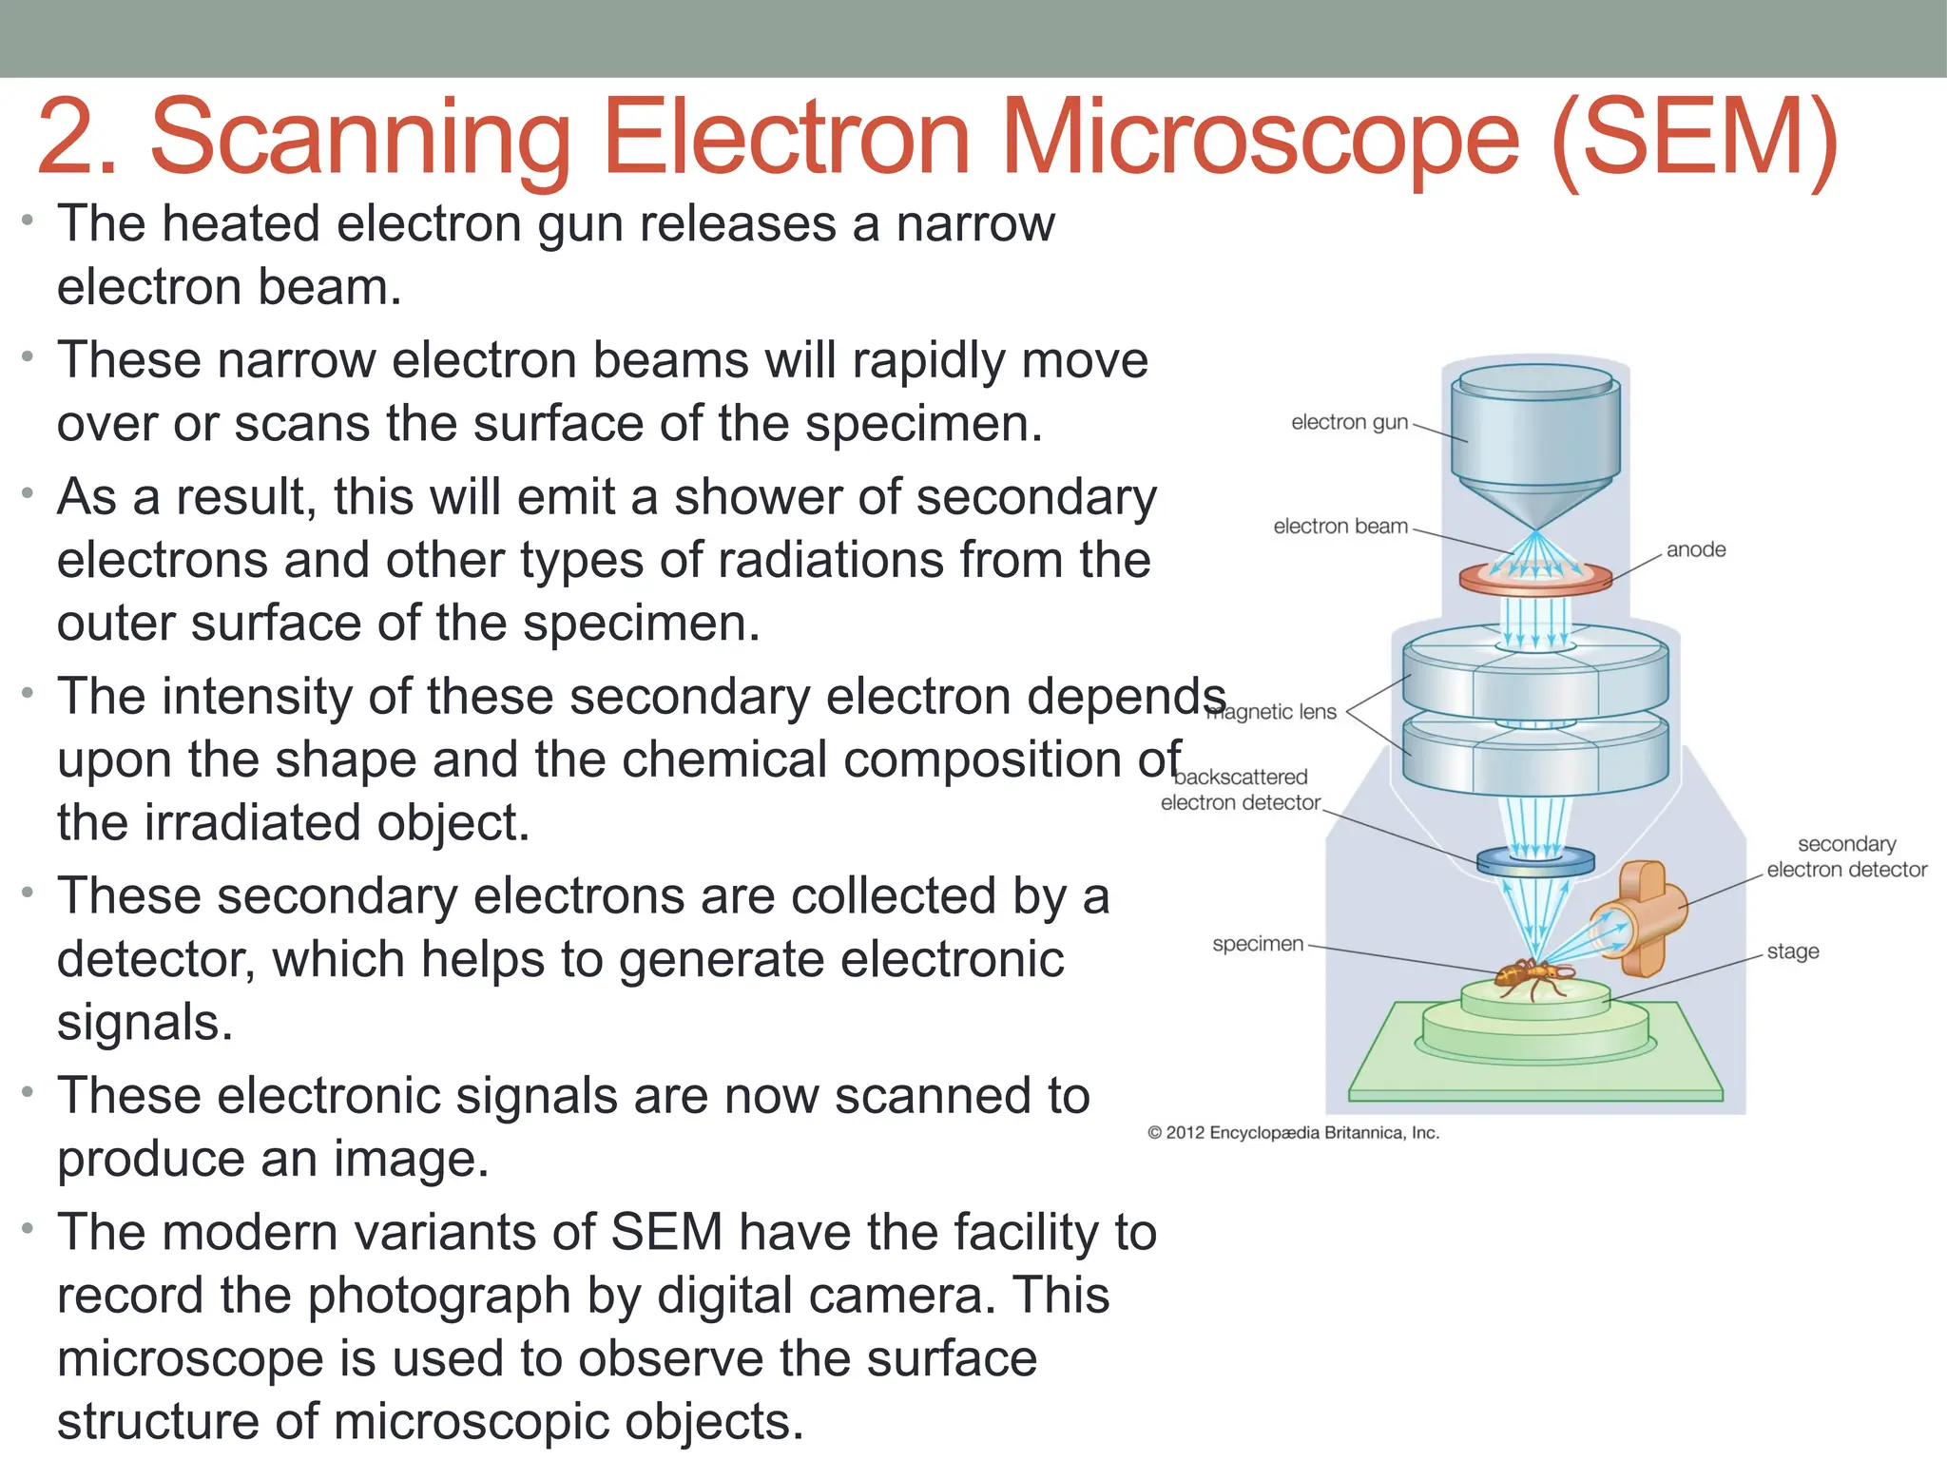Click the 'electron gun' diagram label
(x=1349, y=422)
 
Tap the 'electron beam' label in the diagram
(x=1340, y=527)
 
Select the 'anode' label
(x=1696, y=549)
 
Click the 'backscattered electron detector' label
(x=1241, y=790)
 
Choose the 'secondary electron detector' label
(x=1846, y=856)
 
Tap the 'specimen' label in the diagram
(x=1258, y=944)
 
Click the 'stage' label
(x=1793, y=951)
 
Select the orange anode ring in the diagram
(x=1535, y=578)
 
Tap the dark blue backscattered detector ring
(x=1535, y=861)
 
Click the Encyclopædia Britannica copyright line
(x=1293, y=1133)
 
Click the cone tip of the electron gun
(x=1535, y=528)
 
